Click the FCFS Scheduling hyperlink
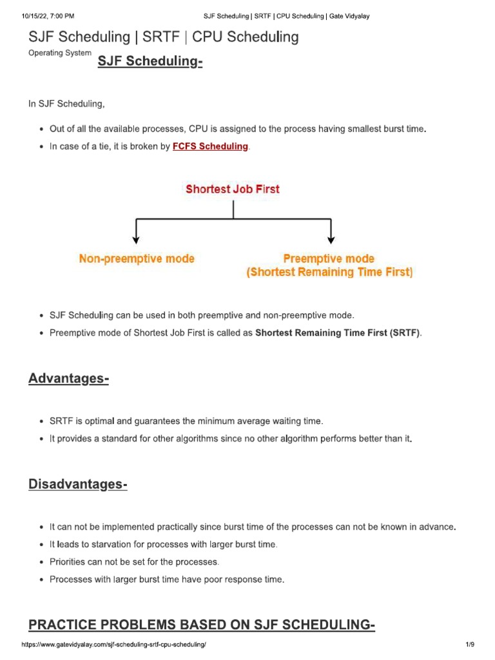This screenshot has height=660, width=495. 210,146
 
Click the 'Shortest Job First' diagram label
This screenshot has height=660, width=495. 233,189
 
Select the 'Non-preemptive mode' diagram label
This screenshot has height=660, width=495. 137,258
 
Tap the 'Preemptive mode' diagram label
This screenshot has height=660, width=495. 329,258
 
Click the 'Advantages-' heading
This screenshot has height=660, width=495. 68,378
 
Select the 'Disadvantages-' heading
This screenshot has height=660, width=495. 78,484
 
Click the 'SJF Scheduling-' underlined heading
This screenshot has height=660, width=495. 150,63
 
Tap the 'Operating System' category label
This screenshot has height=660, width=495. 60,53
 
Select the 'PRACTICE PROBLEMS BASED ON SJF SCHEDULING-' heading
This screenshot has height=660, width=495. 202,625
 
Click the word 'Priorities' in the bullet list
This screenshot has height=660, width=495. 69,562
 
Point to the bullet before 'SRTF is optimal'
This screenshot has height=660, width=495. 42,422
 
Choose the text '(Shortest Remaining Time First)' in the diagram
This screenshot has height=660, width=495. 329,272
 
